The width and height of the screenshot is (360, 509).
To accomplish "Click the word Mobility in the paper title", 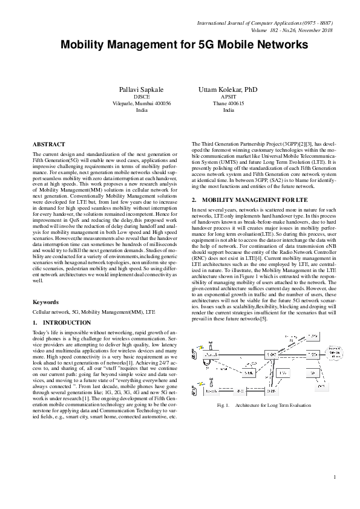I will (x=90, y=45).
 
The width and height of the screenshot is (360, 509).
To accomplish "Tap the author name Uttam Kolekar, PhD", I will (x=228, y=89).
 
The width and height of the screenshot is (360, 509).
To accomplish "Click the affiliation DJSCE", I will (x=141, y=97).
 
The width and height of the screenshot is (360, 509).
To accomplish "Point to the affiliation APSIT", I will (x=228, y=97).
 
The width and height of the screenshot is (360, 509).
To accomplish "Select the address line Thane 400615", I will (x=228, y=103).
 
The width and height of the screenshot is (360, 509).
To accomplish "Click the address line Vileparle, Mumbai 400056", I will (x=141, y=103).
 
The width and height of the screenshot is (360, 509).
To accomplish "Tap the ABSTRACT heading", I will (x=48, y=144).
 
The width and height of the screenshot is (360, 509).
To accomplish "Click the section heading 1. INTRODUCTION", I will (x=61, y=323).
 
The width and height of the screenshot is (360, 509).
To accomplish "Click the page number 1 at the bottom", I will (x=334, y=478).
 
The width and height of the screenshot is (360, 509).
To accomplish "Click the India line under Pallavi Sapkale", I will (x=141, y=111).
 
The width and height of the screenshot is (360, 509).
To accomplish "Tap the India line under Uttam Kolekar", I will (x=228, y=111).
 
